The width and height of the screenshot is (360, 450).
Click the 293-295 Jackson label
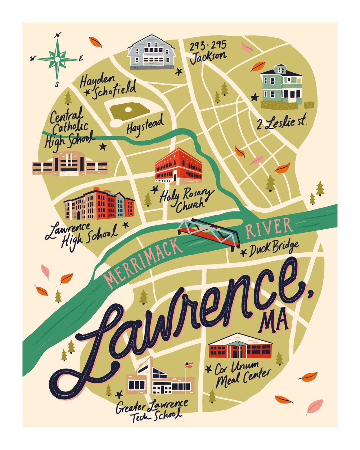208,51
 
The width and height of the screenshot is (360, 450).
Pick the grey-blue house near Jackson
151,52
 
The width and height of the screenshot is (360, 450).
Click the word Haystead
145,124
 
